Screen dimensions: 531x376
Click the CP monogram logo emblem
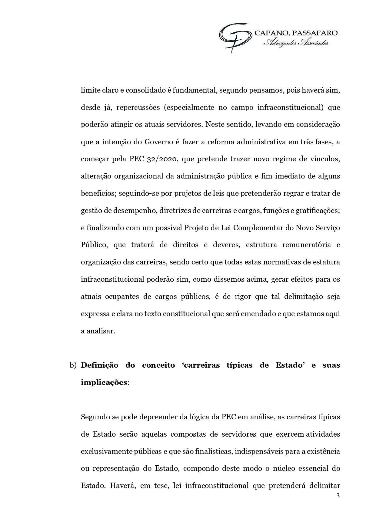[x=235, y=37]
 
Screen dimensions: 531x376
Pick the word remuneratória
[x=306, y=245]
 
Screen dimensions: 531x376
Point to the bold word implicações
[x=104, y=382]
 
